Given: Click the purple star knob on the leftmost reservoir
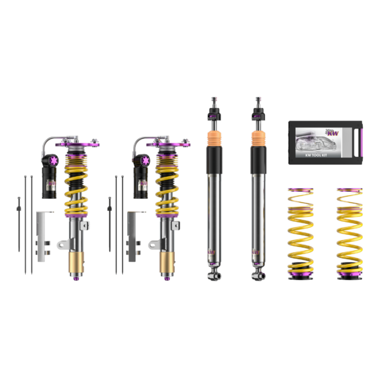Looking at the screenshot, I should coord(50,158).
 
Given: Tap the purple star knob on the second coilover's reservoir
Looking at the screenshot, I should coord(141,158).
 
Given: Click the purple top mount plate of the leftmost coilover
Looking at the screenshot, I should coord(78,143).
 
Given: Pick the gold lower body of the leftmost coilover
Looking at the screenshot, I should coord(77,262).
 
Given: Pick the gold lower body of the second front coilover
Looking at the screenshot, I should coord(168,262).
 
